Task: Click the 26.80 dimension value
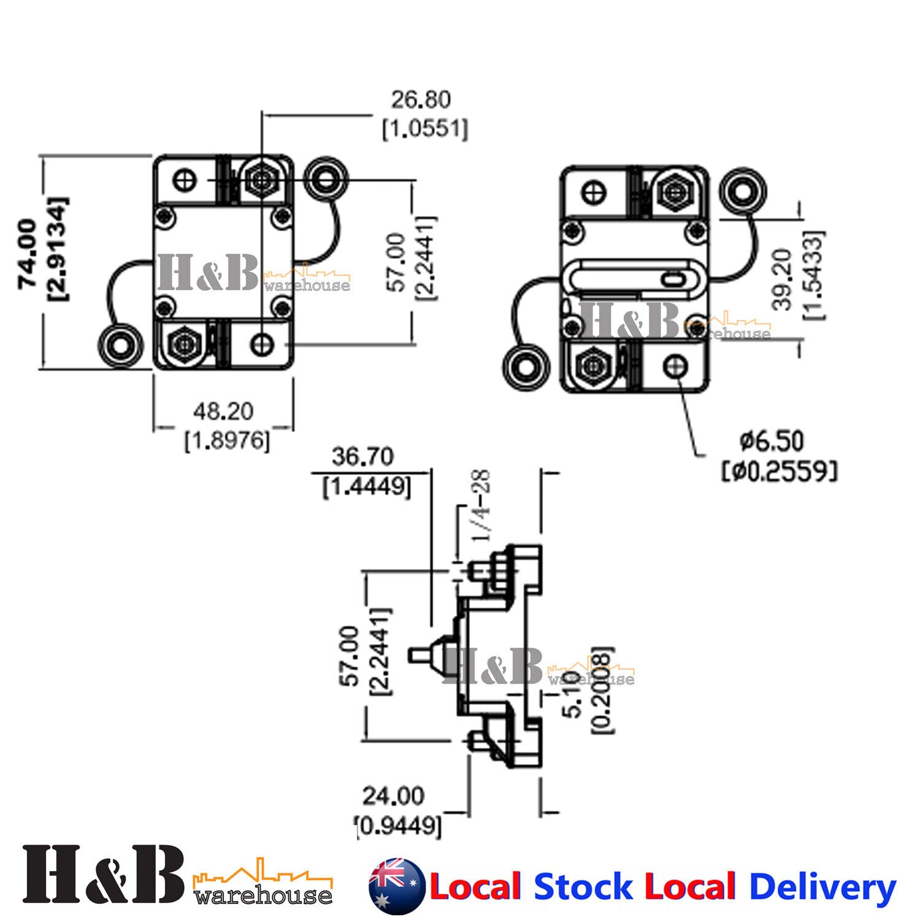click(x=421, y=100)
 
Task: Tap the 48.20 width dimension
click(x=223, y=411)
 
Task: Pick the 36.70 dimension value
click(x=362, y=457)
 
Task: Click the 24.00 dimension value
click(x=393, y=796)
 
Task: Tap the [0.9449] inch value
click(x=399, y=826)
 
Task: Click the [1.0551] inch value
click(x=425, y=129)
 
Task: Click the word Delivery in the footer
click(x=822, y=887)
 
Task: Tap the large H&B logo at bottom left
click(x=103, y=873)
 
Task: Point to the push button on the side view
click(x=421, y=654)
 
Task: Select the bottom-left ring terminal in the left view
click(x=121, y=345)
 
